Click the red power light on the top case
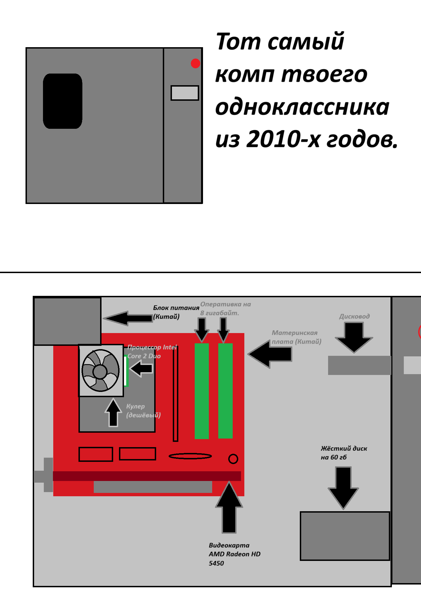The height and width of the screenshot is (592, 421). point(196,63)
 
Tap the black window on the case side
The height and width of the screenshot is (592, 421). point(63,101)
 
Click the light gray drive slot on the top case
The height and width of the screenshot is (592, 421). point(185,93)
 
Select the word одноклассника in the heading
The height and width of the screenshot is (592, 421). point(302,107)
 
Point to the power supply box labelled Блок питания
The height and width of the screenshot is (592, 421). point(67,321)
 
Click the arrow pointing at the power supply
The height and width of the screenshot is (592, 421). point(128,318)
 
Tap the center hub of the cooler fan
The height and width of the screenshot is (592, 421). point(100,371)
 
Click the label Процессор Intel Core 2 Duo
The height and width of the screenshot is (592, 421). point(152,351)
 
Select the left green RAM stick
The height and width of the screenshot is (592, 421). point(202,391)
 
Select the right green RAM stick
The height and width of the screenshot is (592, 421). point(225,391)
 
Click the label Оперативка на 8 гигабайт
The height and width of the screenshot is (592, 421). point(225,308)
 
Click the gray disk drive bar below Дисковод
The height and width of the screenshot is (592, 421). point(360,365)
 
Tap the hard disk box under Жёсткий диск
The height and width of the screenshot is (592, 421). point(345,536)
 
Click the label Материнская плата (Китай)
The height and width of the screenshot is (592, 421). point(296,337)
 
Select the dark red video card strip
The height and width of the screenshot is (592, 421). point(147,476)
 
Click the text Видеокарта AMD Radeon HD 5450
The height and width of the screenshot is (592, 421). point(235,554)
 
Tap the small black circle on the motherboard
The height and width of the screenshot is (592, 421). point(233,459)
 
